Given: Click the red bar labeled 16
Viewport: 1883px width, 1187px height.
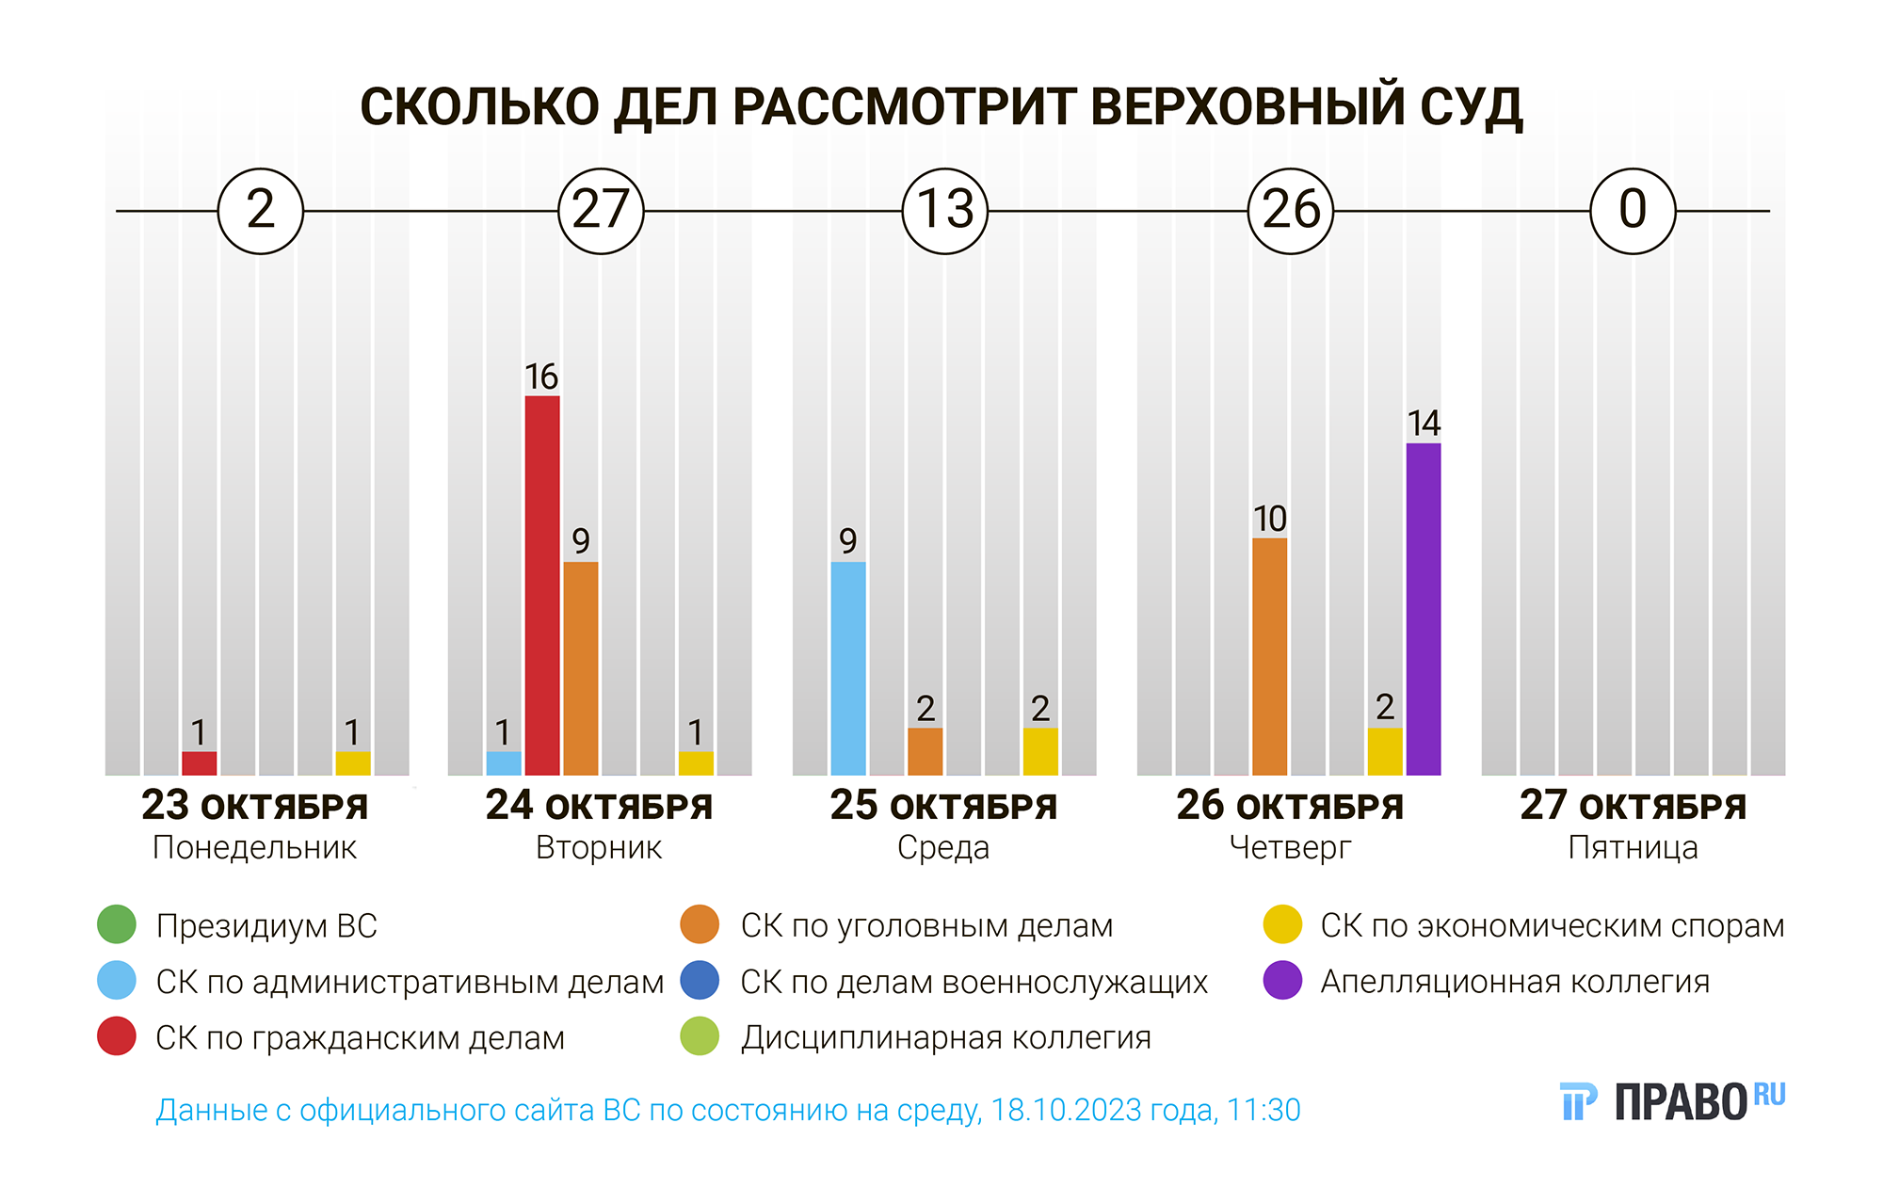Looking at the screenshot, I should coord(542,585).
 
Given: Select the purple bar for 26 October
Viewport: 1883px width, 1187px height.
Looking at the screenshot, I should coord(1423,609).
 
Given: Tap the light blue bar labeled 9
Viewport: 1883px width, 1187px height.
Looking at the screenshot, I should coord(848,668).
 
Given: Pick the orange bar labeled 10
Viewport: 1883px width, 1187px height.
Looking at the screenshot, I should coord(1269,656).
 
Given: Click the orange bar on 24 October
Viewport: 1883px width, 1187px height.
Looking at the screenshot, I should coord(581,668).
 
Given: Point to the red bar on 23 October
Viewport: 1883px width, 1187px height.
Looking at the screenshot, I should coord(199,763).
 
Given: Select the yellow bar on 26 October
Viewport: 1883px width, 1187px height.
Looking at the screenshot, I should coord(1384,751).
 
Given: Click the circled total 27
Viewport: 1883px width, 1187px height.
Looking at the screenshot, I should coord(601,211).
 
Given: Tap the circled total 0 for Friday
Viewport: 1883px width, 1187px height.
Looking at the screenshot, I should coord(1633,211).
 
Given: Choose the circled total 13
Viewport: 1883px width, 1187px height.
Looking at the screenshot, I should coord(945,211).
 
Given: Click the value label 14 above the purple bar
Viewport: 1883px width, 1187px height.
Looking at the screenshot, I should coord(1424,424).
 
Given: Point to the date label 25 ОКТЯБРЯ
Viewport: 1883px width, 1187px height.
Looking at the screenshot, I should coord(943,807).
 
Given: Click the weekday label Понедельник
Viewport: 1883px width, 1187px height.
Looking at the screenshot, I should coord(254,848).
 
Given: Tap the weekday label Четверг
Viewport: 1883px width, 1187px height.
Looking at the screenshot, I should coord(1290,848).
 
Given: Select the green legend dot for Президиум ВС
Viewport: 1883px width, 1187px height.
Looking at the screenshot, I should coord(117,924).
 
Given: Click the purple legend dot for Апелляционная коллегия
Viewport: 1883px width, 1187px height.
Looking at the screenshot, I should coord(1282,981).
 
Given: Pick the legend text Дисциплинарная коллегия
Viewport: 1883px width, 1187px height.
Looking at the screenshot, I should coord(945,1037).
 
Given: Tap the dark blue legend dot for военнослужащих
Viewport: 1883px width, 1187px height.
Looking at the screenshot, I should coord(700,981).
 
